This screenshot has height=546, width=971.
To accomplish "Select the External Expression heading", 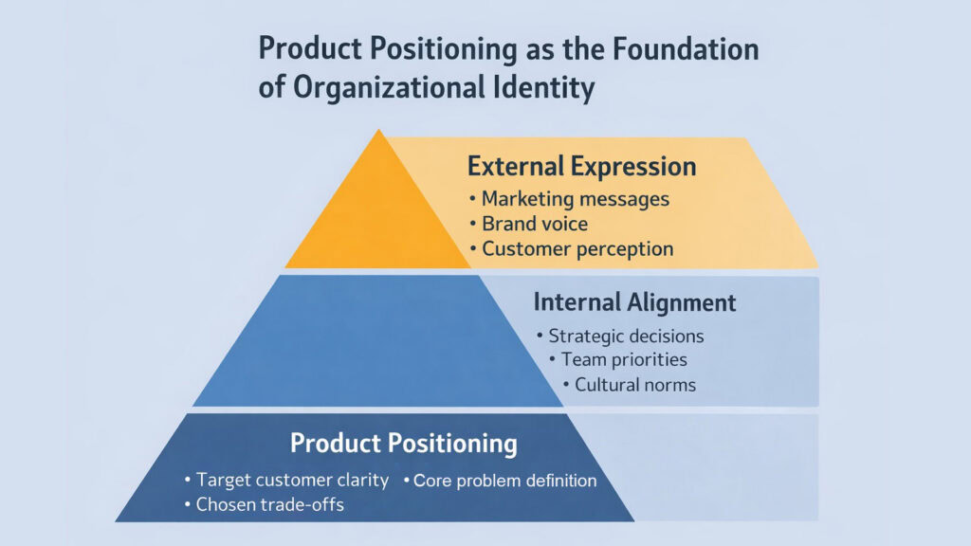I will pos(581,167).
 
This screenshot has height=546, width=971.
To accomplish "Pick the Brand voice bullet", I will pos(534,225).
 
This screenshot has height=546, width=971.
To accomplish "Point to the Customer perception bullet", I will pos(577,249).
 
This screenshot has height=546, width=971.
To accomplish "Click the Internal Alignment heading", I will pos(634,302).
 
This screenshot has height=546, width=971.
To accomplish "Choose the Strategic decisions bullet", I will pos(625,336).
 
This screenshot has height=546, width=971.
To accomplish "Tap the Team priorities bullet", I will pos(623,360).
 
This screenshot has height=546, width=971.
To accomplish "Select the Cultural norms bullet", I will pos(634,385).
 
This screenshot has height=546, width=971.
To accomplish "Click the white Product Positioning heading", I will pos(404,443).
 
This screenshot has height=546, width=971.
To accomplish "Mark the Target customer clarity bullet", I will pos(292,480).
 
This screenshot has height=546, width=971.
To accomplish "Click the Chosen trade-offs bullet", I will pos(269,505).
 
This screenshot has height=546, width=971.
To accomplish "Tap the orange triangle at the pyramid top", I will pos(379,218).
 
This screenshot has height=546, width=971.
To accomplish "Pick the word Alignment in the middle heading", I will pos(680,302).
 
